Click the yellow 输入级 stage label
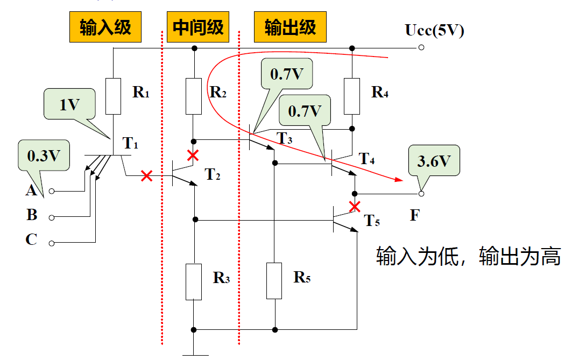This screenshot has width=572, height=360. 105,27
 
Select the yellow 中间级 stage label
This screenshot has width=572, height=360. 198,27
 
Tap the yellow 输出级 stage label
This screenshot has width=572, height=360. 290,27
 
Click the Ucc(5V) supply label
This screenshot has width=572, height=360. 434,30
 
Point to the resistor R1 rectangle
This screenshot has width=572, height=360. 113,96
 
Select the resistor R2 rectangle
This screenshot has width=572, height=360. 194,96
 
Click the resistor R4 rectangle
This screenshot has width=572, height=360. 351,96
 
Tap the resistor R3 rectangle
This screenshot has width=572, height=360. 194,281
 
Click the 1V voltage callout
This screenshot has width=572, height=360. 69,104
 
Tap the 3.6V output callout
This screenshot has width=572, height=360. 434,160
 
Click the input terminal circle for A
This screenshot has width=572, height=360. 52,191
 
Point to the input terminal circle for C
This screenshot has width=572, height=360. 52,243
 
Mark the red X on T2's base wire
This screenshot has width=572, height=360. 146,176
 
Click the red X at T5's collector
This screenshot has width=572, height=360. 354,206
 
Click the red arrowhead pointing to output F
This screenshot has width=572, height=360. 399,180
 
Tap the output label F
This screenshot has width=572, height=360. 414,216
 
